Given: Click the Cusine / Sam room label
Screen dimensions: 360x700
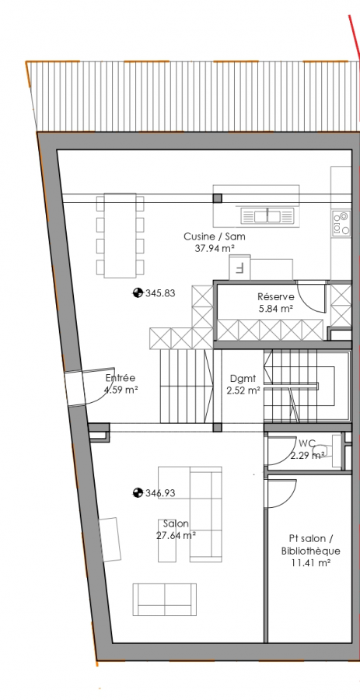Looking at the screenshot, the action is point(214,236).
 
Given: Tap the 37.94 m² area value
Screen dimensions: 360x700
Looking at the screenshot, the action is point(215,249).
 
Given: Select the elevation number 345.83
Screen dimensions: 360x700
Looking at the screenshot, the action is point(160,293).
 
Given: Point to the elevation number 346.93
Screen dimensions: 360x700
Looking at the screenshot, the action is point(160,493).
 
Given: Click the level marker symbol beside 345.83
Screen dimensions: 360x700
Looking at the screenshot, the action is point(138,293).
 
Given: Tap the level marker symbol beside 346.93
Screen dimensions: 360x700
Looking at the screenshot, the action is point(138,493).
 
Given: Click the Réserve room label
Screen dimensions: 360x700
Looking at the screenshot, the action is point(276,297).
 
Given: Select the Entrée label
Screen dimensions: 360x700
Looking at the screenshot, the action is point(120,378).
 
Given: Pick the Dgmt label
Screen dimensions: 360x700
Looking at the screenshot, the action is point(243,379).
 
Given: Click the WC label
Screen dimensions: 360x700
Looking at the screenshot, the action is point(307,444).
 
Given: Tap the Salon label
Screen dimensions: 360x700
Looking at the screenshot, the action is point(176,523).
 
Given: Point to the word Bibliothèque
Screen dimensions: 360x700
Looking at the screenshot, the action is point(310,551).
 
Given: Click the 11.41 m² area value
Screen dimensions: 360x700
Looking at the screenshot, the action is point(310,563).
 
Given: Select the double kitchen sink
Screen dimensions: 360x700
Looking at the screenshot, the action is point(267,216).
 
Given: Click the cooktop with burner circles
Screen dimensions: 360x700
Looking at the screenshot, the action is point(341,222).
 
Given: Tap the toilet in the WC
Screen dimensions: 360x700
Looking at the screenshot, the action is point(323,451).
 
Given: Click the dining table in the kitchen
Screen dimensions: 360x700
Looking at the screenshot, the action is point(120,235).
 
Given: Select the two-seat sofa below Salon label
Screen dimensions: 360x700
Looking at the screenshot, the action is point(165,600).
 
